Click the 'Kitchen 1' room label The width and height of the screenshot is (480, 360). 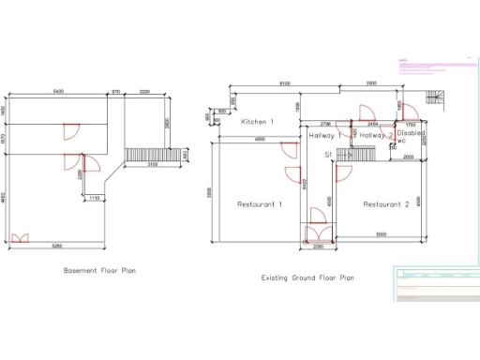pyautogui.click(x=257, y=123)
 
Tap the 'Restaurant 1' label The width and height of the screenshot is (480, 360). pyautogui.click(x=260, y=203)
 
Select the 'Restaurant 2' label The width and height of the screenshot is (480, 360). pyautogui.click(x=386, y=203)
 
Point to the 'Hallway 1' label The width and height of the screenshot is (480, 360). pyautogui.click(x=325, y=135)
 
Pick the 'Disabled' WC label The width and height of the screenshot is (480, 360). pyautogui.click(x=412, y=134)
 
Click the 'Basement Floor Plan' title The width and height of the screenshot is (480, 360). pyautogui.click(x=99, y=271)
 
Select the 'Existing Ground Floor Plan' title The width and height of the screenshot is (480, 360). pyautogui.click(x=307, y=277)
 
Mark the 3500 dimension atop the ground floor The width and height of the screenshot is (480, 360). pyautogui.click(x=370, y=84)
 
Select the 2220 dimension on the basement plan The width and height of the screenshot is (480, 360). pyautogui.click(x=145, y=91)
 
